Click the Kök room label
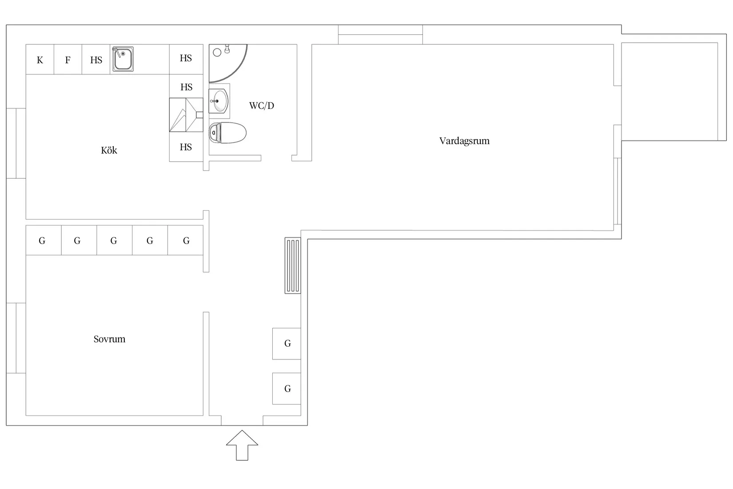click(109, 150)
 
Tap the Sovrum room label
click(109, 339)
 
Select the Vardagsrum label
click(464, 141)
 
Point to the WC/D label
click(262, 105)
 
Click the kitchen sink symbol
click(123, 59)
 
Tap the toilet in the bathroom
click(227, 132)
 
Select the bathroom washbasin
click(219, 101)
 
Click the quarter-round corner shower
click(228, 63)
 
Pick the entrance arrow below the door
click(242, 445)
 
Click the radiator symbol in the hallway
click(293, 265)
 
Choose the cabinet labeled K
click(40, 59)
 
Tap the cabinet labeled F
click(68, 59)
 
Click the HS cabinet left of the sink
click(96, 59)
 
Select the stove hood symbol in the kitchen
click(186, 115)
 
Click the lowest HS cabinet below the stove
click(186, 147)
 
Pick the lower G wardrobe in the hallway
click(287, 389)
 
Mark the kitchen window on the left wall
click(16, 144)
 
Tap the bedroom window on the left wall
click(16, 338)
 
